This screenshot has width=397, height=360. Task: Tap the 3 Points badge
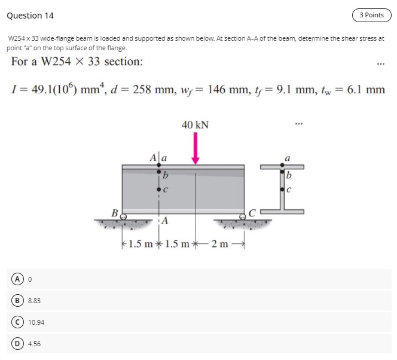click(x=371, y=15)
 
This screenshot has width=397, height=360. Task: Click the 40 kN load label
click(x=196, y=125)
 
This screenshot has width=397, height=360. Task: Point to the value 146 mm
click(x=231, y=90)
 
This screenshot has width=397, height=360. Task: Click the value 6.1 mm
click(x=365, y=90)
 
